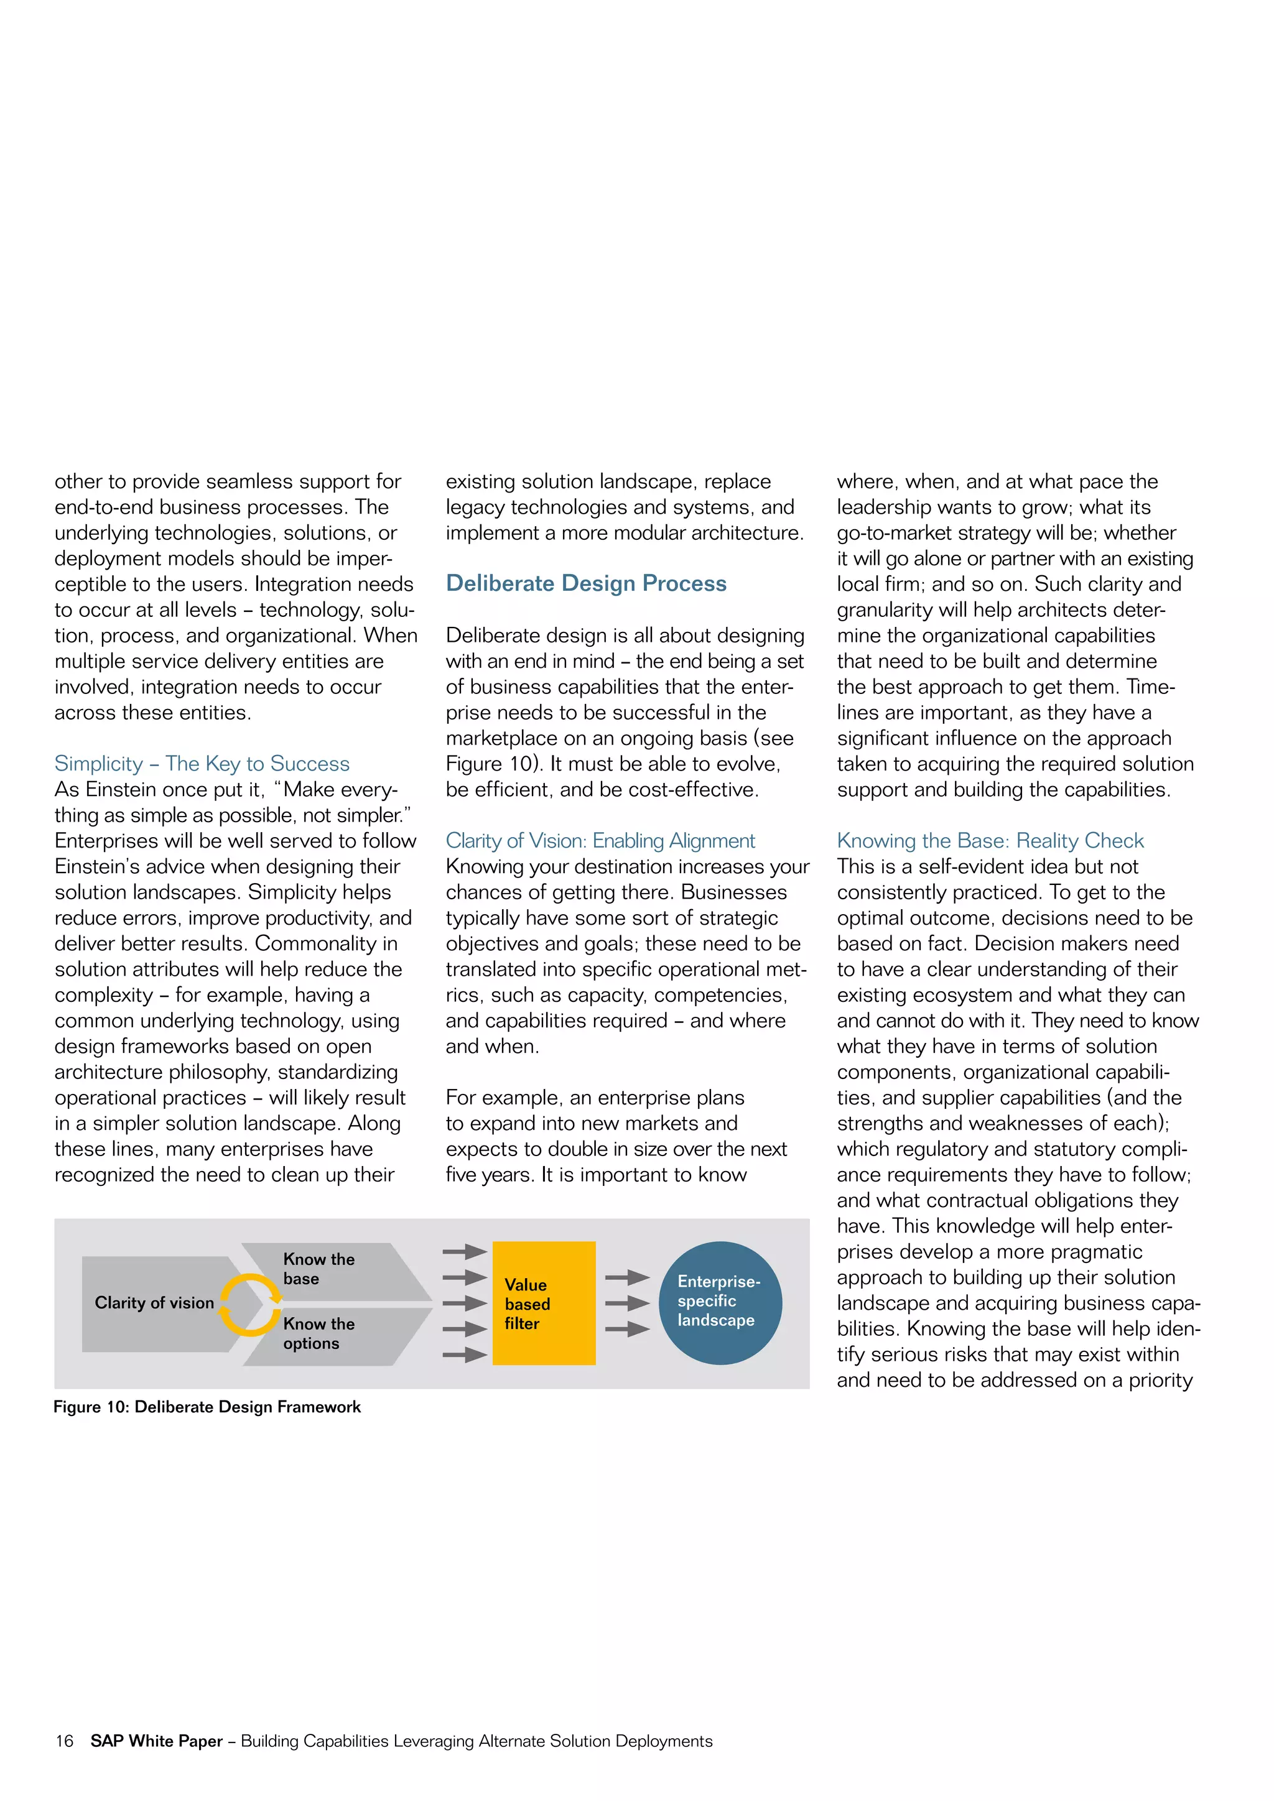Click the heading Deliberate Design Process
coord(586,583)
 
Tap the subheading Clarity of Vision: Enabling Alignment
coord(600,841)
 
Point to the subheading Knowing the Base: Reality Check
coord(990,841)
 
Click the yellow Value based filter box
coord(544,1303)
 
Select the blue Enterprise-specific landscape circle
coord(720,1303)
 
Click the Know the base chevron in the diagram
coord(337,1269)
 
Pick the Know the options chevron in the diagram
coord(337,1333)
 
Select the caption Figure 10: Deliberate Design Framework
coord(207,1407)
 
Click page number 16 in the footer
coord(64,1741)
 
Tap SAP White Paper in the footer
coord(157,1741)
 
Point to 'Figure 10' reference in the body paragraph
coord(490,764)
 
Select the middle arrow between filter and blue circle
coord(628,1303)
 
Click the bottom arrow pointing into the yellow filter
coord(465,1354)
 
